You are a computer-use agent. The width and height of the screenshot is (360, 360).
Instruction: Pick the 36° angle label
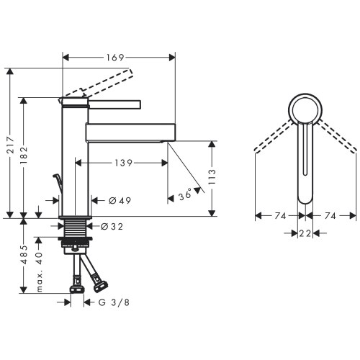[x=184, y=194]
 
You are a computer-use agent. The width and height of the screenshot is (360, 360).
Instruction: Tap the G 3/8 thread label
[x=113, y=302]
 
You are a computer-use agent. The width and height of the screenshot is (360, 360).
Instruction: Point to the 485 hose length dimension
[x=27, y=256]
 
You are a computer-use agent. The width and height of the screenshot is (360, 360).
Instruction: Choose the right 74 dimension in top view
[x=331, y=215]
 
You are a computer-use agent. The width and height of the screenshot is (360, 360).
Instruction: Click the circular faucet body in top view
[x=305, y=109]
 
